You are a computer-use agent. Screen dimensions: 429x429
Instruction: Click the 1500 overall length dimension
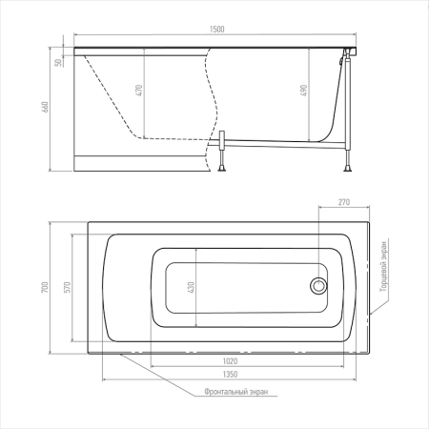point(217,30)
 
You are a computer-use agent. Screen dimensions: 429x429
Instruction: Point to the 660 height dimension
point(45,107)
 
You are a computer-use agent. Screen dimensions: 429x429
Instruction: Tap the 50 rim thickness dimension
point(58,62)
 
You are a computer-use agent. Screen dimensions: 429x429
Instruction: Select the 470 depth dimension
point(139,91)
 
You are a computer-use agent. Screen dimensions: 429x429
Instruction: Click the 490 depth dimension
point(304,91)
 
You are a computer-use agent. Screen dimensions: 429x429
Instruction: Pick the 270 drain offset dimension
point(344,202)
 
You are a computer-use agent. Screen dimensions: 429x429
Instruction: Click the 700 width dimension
point(45,288)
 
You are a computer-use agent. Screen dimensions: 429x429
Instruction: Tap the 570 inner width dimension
point(68,287)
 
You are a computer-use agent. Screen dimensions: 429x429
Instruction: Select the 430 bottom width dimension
point(192,287)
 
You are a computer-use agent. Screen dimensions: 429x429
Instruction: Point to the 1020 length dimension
point(230,361)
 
